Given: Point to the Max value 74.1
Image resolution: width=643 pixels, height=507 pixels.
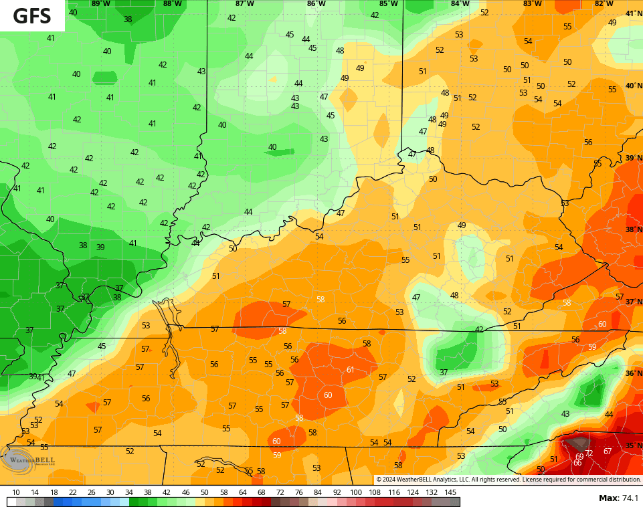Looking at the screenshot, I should click(618, 498).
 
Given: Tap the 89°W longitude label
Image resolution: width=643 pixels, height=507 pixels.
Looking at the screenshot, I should click(100, 4).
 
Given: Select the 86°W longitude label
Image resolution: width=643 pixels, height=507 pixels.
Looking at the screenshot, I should click(316, 4).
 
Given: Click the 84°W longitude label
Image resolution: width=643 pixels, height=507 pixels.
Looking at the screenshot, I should click(460, 4).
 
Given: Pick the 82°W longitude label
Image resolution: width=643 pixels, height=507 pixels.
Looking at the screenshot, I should click(604, 4).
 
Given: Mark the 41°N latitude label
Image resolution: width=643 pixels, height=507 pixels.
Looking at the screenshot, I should click(633, 13).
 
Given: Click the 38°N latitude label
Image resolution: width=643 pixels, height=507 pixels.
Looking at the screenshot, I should click(633, 229).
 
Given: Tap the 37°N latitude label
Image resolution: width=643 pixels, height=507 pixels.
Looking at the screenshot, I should click(633, 302).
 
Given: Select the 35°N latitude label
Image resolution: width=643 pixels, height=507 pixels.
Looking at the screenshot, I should click(633, 445).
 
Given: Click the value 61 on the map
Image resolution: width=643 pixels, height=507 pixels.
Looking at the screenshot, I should click(350, 370).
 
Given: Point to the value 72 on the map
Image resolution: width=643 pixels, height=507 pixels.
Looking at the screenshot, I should click(589, 453).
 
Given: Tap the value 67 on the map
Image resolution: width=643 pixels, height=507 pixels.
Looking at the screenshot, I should click(608, 451).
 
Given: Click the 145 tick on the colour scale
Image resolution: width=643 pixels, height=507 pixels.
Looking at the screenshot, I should click(450, 492).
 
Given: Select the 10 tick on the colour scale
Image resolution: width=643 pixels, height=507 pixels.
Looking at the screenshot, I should click(16, 492).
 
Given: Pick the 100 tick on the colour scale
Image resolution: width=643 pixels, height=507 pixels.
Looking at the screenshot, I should click(356, 492).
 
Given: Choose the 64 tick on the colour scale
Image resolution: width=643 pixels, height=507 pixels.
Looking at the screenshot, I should click(242, 492).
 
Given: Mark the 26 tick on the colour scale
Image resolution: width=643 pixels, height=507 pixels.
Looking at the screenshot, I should click(91, 492).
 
